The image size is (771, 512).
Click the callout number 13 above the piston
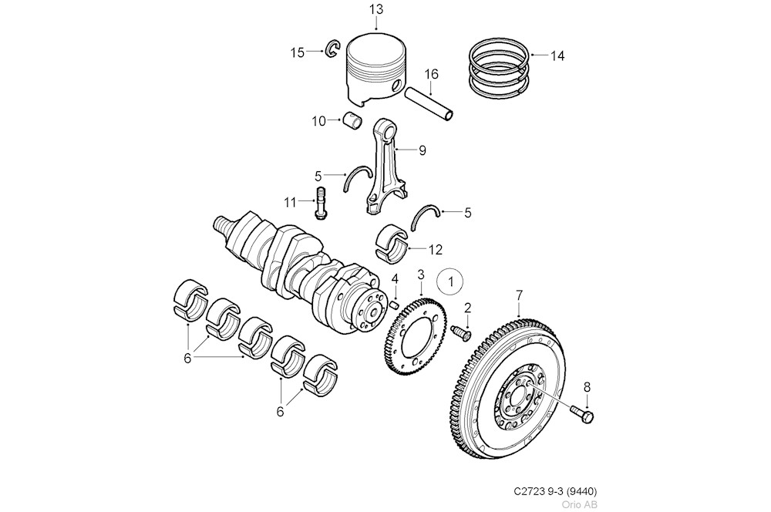coord(375,9)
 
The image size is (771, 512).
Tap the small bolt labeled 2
coord(461,333)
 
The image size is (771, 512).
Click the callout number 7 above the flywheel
coord(519,295)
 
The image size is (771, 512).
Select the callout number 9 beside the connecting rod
coord(422,151)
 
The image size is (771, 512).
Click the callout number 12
coord(436,249)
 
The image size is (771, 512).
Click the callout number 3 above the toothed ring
coord(421,275)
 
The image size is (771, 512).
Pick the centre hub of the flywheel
coord(517,399)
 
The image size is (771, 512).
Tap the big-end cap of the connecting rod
coord(377,204)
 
